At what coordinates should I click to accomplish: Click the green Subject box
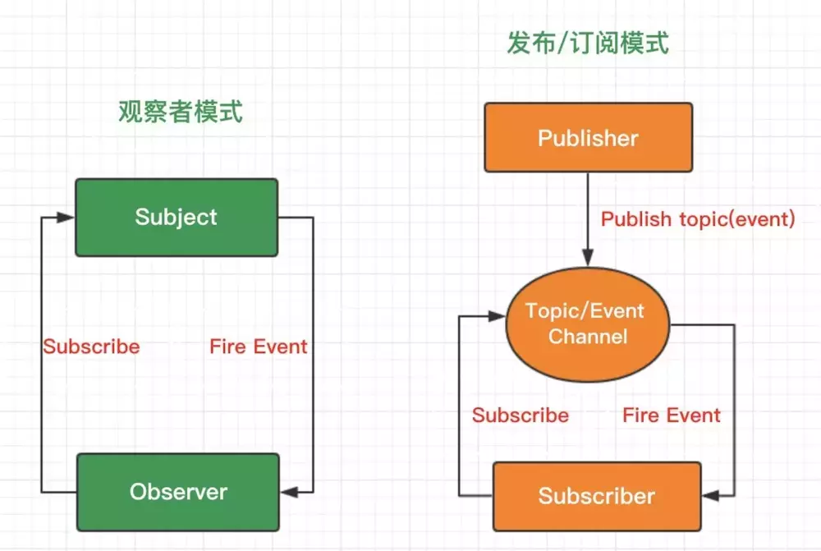177,218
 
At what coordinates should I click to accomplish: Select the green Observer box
177,492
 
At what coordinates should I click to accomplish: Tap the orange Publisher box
587,138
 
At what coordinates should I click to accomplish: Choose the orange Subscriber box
596,496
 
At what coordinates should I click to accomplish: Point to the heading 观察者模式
181,111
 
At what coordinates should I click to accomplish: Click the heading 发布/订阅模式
587,43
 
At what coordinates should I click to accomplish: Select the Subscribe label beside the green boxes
91,347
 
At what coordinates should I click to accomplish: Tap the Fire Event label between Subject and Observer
258,347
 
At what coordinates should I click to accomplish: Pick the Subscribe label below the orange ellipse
520,416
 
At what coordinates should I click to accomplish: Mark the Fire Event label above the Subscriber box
671,416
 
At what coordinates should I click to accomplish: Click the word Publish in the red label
638,220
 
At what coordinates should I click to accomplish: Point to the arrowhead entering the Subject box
67,218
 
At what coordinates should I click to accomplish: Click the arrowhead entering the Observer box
287,492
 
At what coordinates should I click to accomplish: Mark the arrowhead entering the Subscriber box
710,495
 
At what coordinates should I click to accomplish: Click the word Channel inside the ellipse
587,336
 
